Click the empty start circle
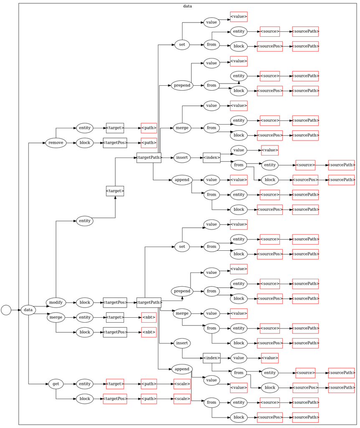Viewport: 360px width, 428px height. pyautogui.click(x=6, y=310)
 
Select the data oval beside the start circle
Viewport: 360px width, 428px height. pyautogui.click(x=28, y=310)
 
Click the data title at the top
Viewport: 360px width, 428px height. pyautogui.click(x=188, y=6)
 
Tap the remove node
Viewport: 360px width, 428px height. pyautogui.click(x=56, y=143)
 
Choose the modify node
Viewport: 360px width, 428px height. pyautogui.click(x=56, y=302)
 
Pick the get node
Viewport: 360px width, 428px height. pyautogui.click(x=56, y=384)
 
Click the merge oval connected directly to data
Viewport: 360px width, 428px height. pyautogui.click(x=56, y=317)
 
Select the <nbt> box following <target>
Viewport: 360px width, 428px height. pyautogui.click(x=149, y=317)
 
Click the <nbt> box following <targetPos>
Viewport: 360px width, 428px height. pyautogui.click(x=149, y=332)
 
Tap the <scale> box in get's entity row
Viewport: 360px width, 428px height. pyautogui.click(x=182, y=384)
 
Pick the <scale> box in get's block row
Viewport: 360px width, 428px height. pyautogui.click(x=182, y=399)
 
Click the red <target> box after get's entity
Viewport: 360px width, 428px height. pyautogui.click(x=115, y=384)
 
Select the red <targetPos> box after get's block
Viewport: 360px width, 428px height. pyautogui.click(x=115, y=399)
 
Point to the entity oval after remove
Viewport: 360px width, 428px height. pyautogui.click(x=84, y=128)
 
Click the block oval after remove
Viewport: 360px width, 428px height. pyautogui.click(x=84, y=143)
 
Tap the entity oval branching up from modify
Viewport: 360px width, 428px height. pyautogui.click(x=84, y=221)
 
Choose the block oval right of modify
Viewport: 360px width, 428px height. pyautogui.click(x=84, y=302)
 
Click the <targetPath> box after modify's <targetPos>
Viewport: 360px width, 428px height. pyautogui.click(x=149, y=302)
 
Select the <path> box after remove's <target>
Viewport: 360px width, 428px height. pyautogui.click(x=149, y=128)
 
